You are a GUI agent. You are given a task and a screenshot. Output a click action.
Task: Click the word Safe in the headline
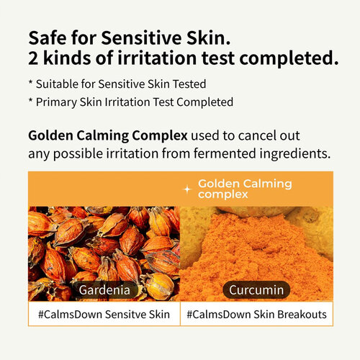(x=48, y=37)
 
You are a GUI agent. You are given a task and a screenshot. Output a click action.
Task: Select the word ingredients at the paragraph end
(x=297, y=153)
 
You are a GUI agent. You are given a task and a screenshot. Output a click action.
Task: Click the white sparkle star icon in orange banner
(x=188, y=189)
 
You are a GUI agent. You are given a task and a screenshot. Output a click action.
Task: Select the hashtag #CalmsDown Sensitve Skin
(x=104, y=314)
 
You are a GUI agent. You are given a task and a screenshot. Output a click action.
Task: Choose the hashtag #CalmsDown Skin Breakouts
(x=256, y=314)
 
